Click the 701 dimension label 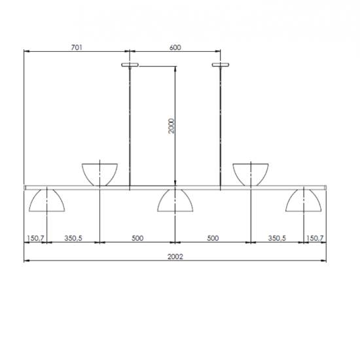[x=77, y=47]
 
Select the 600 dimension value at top [x=175, y=47]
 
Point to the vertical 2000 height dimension [x=170, y=126]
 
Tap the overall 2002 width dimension [x=175, y=257]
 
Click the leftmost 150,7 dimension [x=35, y=238]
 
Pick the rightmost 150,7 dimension [x=315, y=238]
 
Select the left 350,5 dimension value [x=73, y=238]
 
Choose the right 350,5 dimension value [x=278, y=238]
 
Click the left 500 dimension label [x=137, y=238]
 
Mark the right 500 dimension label [x=213, y=238]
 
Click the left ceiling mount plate [x=130, y=64]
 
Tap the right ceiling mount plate [x=221, y=64]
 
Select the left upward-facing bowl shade [x=99, y=173]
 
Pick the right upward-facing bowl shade [x=252, y=173]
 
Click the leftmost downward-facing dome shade [x=48, y=201]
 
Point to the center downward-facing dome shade [x=175, y=201]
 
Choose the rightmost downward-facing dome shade [x=303, y=201]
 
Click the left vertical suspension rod [x=130, y=124]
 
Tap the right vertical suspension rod [x=221, y=124]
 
